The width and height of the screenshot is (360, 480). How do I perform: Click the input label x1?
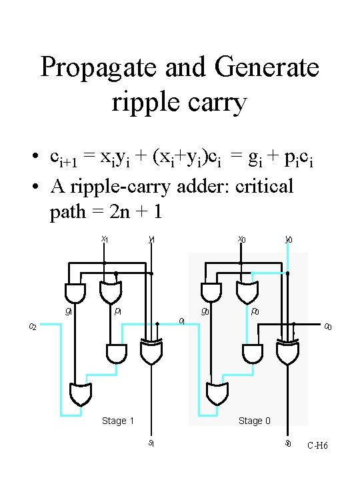(105, 239)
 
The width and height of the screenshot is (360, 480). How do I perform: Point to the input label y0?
(289, 239)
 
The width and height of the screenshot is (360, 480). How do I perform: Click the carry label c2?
(33, 326)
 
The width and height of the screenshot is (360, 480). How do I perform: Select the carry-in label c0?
(328, 326)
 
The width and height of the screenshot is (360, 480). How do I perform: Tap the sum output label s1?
(151, 443)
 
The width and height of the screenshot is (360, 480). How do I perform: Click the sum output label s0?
(288, 443)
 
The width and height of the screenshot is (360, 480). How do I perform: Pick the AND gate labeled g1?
(74, 292)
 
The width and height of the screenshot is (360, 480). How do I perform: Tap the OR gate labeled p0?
(247, 292)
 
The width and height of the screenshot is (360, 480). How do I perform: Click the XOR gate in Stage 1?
(151, 352)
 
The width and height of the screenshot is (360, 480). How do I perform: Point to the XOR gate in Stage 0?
(288, 352)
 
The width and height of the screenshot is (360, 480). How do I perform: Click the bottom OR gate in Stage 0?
(216, 394)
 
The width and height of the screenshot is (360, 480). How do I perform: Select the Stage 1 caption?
(117, 421)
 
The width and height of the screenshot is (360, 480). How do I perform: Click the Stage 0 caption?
(255, 421)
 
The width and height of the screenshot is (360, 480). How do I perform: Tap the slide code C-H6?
(317, 445)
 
